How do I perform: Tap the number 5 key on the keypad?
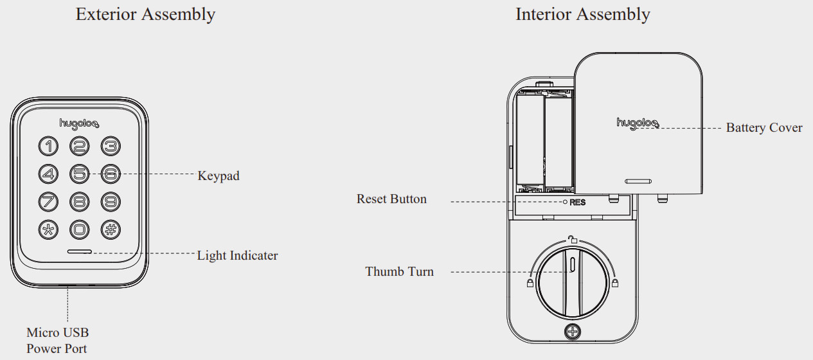tap(80, 174)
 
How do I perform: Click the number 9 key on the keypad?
tap(111, 202)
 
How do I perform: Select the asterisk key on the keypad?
tap(48, 230)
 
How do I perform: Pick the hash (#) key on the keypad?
tap(111, 230)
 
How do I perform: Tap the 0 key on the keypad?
tap(80, 230)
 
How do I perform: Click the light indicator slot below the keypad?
tap(80, 251)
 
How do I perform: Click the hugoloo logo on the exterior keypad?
tap(79, 124)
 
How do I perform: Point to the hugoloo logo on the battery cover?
tap(638, 123)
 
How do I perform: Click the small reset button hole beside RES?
tap(565, 202)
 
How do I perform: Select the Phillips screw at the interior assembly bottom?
tap(573, 331)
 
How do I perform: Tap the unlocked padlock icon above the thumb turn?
tap(573, 239)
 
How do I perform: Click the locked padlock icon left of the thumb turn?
tap(530, 283)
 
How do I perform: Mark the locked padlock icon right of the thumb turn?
tap(615, 283)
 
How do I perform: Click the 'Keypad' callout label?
tap(219, 176)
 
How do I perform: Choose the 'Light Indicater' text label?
tap(237, 255)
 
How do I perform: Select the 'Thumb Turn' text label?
tap(399, 271)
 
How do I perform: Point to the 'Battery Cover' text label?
tap(764, 128)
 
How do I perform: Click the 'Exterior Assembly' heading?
tap(145, 15)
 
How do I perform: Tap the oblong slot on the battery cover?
tap(638, 181)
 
